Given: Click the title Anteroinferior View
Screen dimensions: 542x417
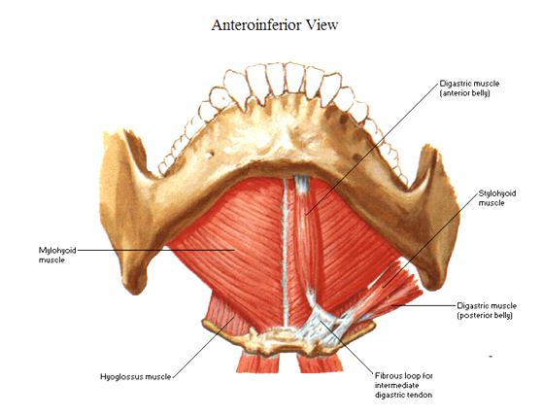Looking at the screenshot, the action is (275, 25).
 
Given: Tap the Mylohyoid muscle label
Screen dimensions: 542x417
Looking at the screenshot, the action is (57, 255).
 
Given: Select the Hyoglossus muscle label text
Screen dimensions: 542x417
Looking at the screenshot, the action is (136, 376).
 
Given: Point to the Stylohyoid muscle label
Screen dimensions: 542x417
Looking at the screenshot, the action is (497, 198).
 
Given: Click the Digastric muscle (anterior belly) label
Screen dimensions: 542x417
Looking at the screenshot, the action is (469, 88).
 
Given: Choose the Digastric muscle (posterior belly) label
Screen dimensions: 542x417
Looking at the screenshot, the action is (487, 310).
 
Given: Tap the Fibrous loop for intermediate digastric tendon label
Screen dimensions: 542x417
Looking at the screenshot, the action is (404, 385).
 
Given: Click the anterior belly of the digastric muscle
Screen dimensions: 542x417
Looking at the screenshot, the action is (304, 235).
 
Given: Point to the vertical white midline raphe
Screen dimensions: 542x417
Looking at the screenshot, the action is (286, 253).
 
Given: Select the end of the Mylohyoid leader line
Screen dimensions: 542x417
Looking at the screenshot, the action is (235, 250).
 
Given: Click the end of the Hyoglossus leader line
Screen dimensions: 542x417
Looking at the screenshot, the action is (234, 317).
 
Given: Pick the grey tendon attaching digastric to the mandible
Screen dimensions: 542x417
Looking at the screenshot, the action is (302, 183).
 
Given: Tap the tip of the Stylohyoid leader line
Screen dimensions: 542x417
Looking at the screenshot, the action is (384, 287).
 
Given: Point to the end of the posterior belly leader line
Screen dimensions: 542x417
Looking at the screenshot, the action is (391, 305).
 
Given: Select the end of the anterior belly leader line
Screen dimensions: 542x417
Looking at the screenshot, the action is (306, 215).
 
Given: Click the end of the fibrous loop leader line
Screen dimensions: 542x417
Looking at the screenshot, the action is (321, 321).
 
